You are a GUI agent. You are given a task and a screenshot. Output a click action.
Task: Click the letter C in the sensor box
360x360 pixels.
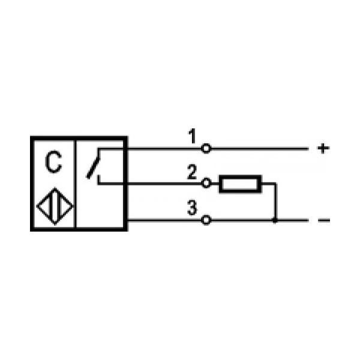tap(53, 161)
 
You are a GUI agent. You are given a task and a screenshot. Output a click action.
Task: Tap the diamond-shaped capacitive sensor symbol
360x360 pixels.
tap(55, 206)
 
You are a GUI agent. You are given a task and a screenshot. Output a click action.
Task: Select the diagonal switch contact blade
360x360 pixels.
tap(93, 167)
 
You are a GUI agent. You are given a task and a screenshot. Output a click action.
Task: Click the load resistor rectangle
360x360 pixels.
tap(241, 184)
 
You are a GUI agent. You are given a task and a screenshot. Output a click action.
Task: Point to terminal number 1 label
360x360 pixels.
tap(192, 136)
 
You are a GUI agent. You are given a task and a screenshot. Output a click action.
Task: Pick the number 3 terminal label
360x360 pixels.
tap(192, 208)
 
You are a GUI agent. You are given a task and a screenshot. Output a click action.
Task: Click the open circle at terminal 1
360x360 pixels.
tap(206, 148)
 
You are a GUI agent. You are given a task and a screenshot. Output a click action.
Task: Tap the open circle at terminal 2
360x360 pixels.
tap(206, 183)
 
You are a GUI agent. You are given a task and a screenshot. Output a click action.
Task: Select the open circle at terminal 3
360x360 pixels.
tap(206, 220)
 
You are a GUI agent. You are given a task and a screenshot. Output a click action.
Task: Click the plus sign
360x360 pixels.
tap(323, 148)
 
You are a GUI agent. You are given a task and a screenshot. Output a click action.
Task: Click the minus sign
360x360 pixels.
tap(324, 220)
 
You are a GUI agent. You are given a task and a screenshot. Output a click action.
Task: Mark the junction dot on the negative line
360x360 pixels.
tap(275, 220)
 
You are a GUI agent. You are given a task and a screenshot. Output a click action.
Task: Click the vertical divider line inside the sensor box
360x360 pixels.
tap(75, 184)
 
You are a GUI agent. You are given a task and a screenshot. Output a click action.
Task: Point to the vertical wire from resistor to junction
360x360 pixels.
tap(276, 202)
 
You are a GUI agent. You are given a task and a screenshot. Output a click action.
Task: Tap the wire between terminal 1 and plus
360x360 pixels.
tap(259, 149)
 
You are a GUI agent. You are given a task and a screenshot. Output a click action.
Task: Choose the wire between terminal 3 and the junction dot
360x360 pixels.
tap(242, 220)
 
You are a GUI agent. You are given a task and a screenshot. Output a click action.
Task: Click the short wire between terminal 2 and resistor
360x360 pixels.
tap(215, 184)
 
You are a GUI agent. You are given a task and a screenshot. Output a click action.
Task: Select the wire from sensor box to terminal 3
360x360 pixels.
tap(164, 220)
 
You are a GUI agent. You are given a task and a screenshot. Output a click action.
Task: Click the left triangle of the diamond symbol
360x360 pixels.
tap(44, 206)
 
